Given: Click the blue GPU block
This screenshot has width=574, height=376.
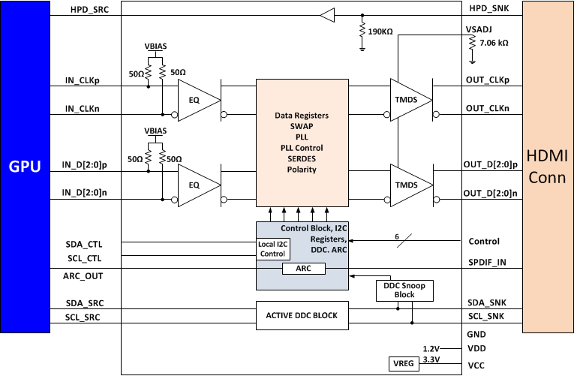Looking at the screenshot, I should click(x=25, y=166).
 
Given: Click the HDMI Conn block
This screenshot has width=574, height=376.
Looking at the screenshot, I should click(x=548, y=166).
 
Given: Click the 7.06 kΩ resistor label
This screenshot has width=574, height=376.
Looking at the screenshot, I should click(x=493, y=44).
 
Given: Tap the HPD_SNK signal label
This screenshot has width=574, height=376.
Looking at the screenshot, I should click(x=488, y=8).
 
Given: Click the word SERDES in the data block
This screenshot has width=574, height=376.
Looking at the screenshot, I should click(x=302, y=159).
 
